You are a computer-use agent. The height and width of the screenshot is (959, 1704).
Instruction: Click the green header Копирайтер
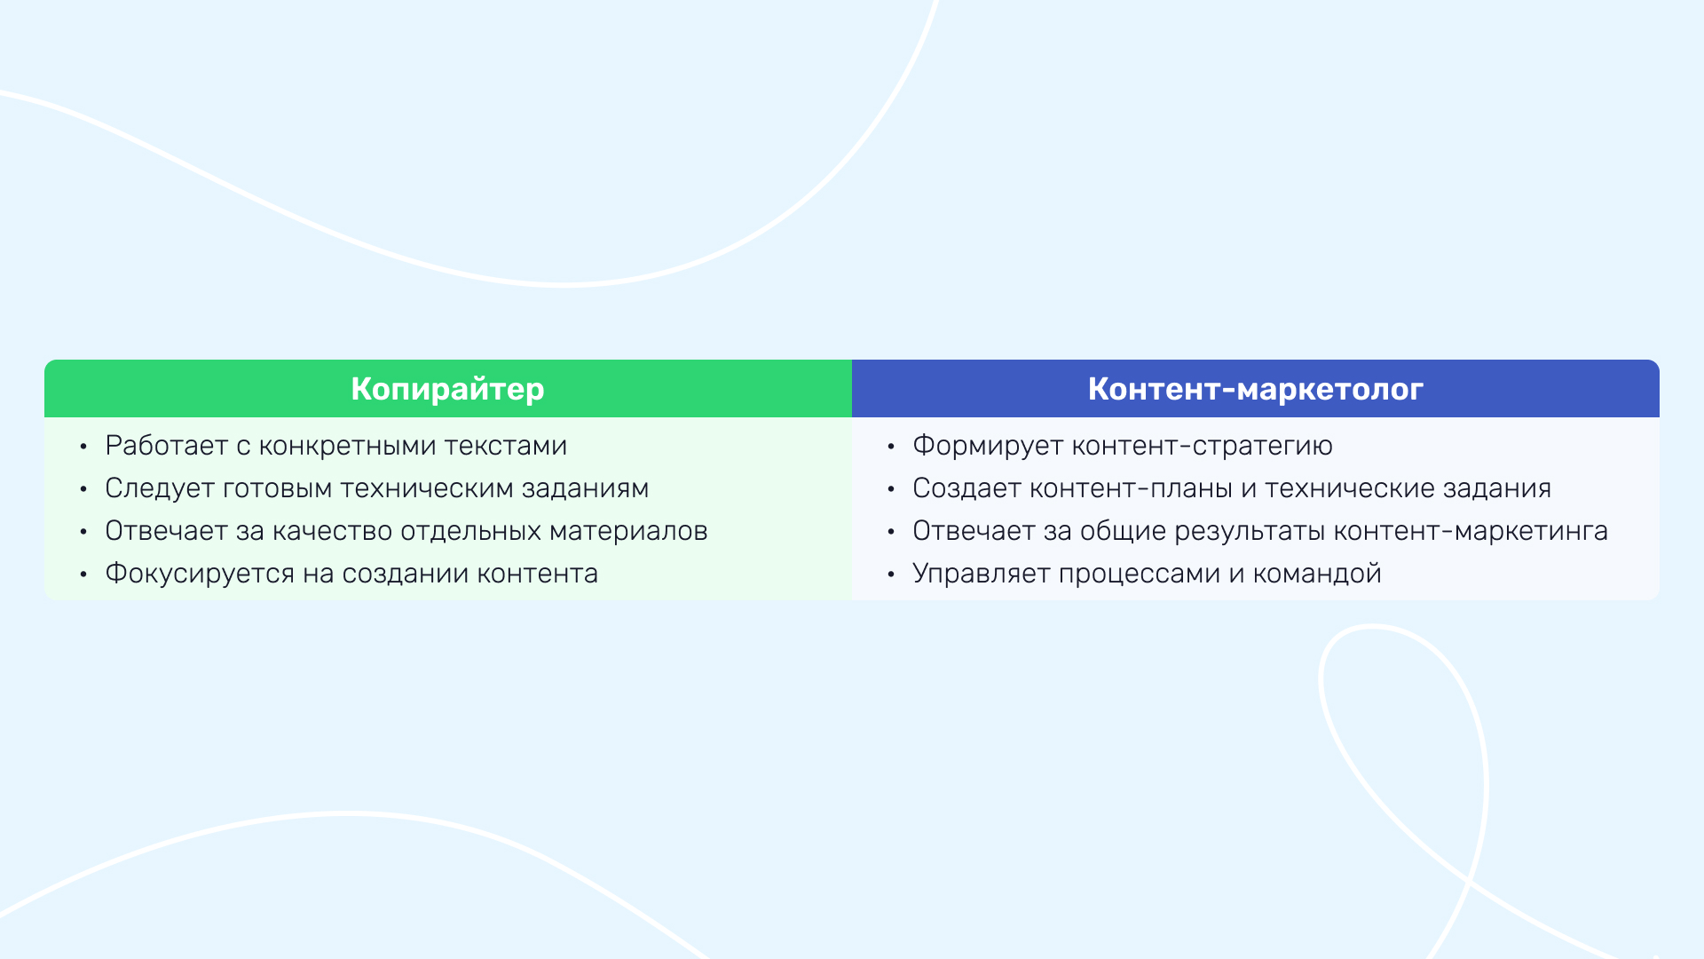coord(447,390)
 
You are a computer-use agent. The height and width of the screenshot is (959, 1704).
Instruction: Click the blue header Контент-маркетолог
coord(1256,389)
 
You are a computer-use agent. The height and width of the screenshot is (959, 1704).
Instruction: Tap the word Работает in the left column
coord(167,446)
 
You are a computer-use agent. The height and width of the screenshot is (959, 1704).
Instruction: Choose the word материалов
coord(628,531)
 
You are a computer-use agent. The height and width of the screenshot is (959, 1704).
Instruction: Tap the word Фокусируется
coord(200,574)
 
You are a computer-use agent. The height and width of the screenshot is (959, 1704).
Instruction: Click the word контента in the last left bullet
coord(538,575)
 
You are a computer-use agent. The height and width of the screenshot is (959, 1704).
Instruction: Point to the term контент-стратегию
coord(1203,446)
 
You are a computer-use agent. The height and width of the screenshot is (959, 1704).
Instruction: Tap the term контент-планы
coord(1136,489)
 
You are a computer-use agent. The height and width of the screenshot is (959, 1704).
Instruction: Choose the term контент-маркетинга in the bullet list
coord(1471,532)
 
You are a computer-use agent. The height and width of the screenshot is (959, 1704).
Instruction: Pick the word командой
coord(1317,574)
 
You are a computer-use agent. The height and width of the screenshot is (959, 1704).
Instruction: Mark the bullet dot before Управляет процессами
coord(891,575)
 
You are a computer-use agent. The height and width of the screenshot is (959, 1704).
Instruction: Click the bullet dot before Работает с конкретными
coord(83,448)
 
